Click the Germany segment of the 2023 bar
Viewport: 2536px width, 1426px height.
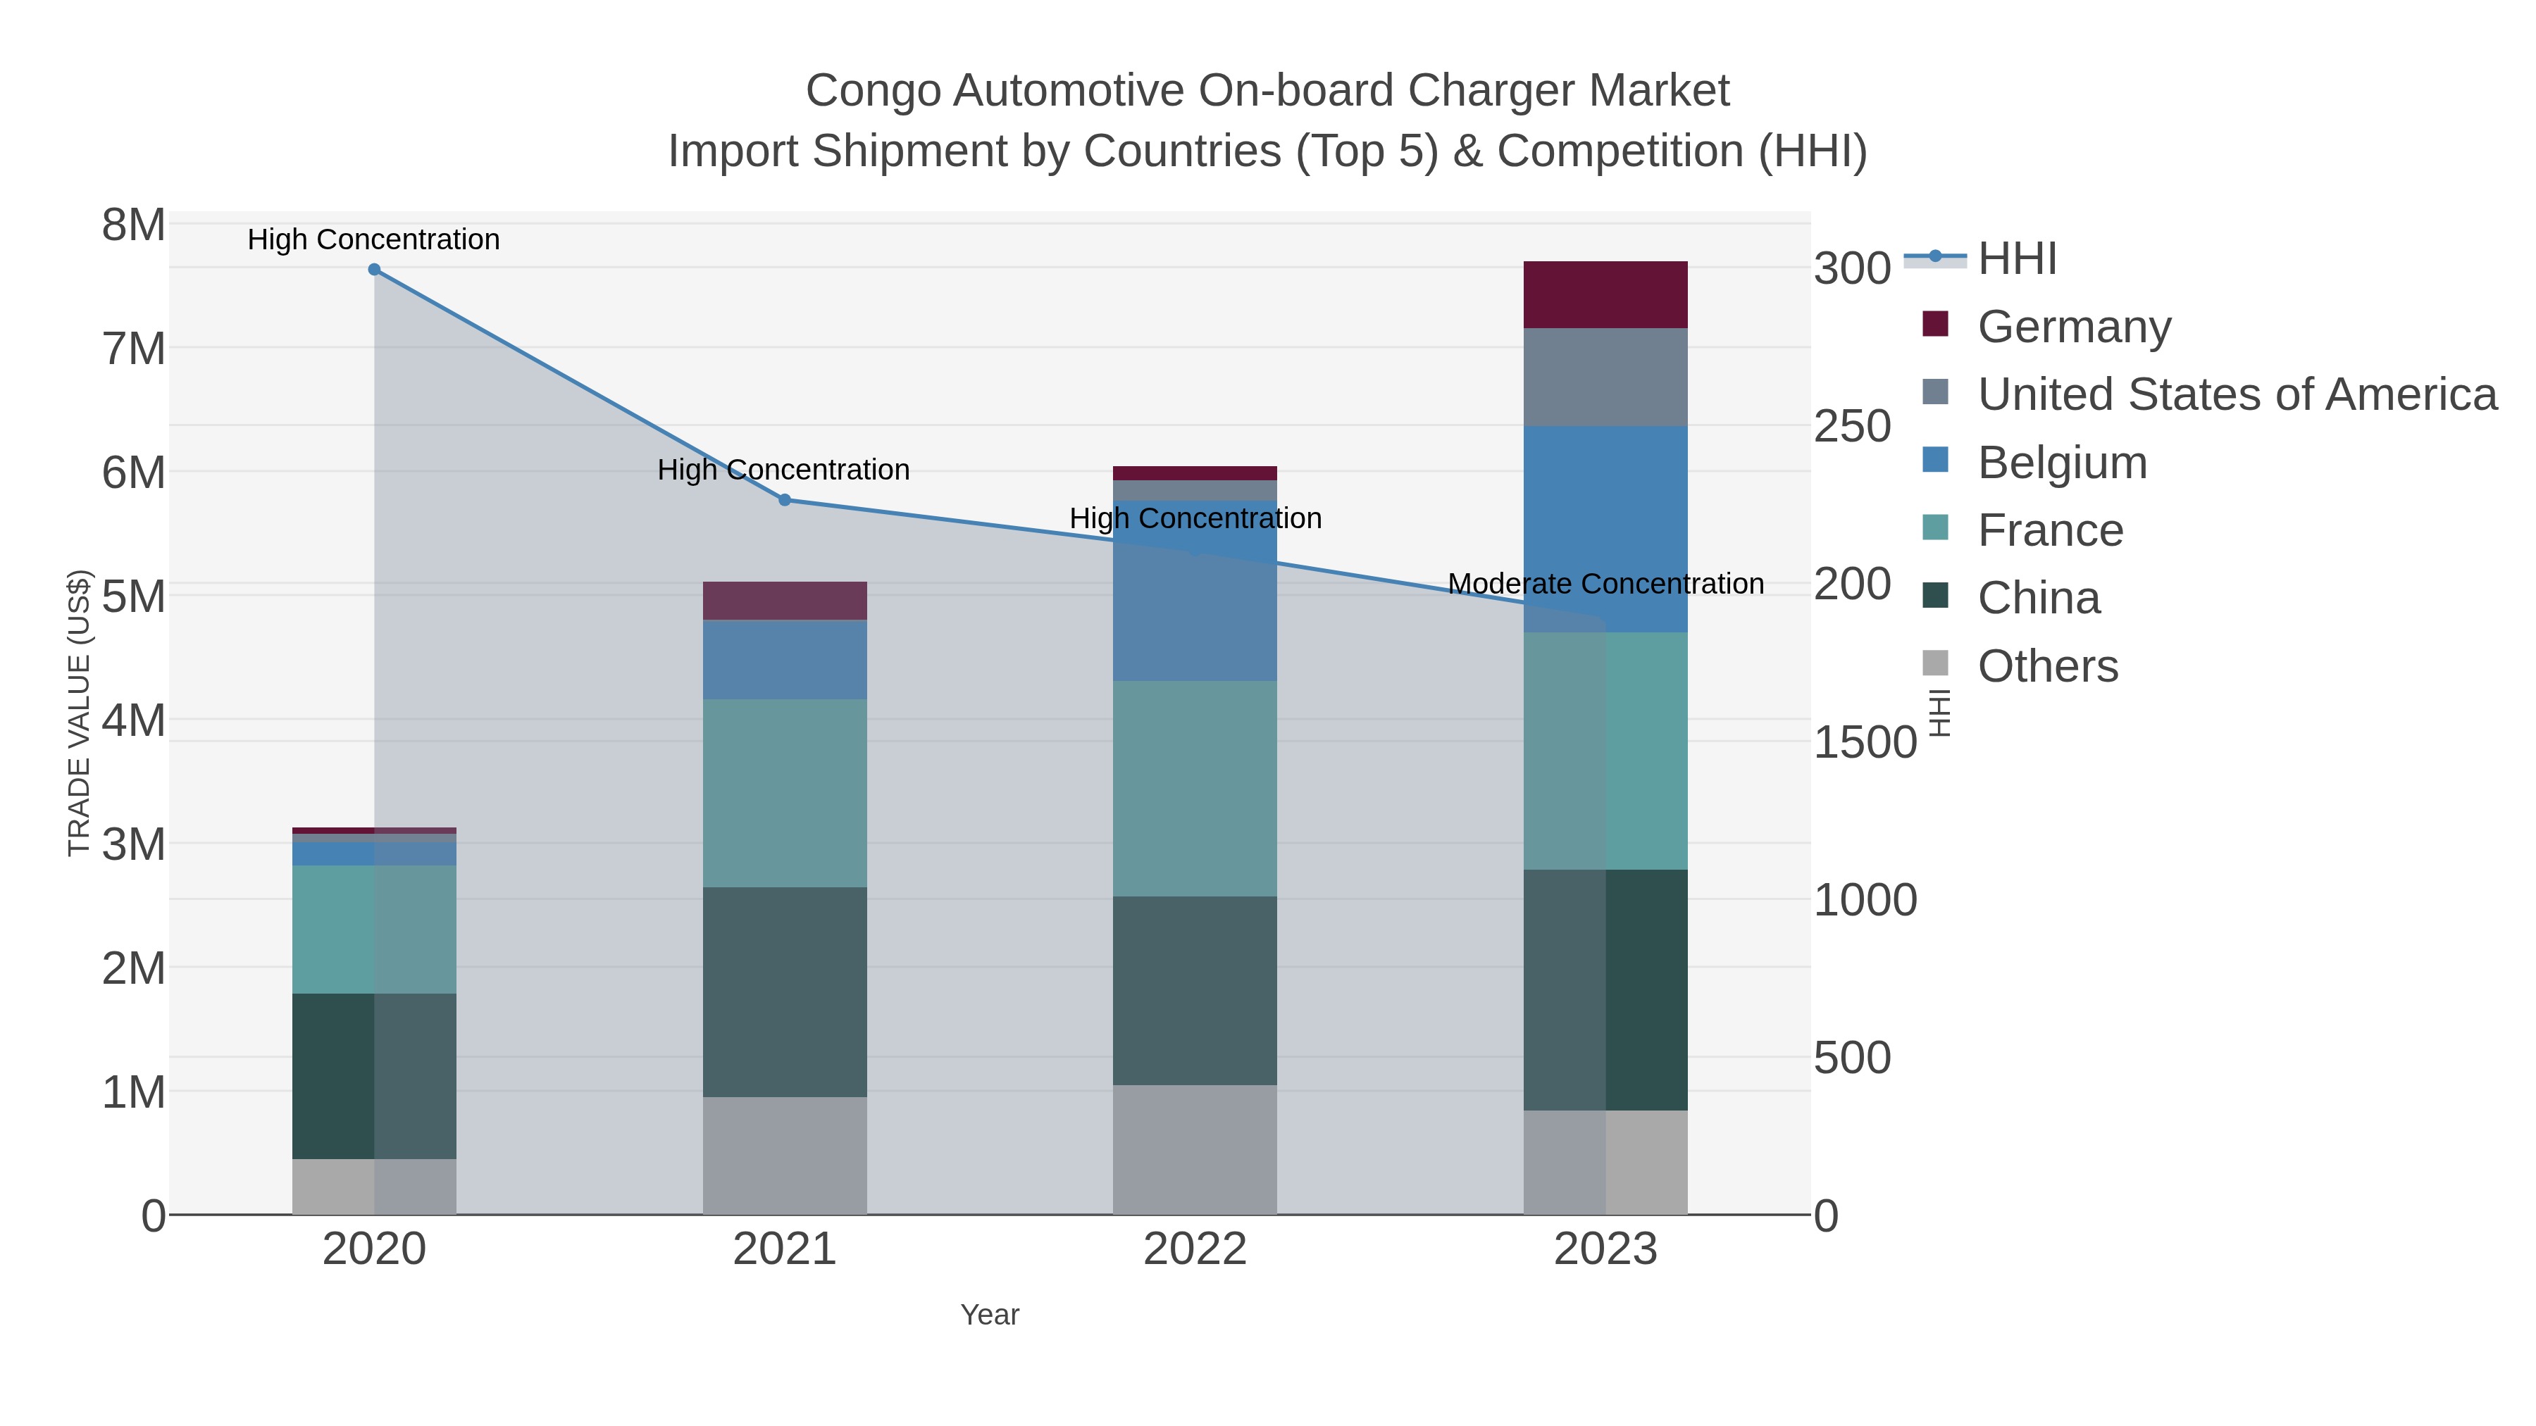(1605, 294)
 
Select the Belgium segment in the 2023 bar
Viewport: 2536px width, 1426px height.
(1605, 528)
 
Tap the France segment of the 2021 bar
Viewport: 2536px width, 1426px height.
(785, 793)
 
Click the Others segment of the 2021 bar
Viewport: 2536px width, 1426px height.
(785, 1156)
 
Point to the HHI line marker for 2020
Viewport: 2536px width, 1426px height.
(374, 270)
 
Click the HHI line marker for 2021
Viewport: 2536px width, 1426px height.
(785, 500)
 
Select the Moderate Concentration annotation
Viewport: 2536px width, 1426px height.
(1605, 584)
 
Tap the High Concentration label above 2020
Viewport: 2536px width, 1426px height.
(373, 239)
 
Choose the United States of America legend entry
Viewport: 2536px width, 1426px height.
(2236, 394)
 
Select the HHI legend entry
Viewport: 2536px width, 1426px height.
(2016, 259)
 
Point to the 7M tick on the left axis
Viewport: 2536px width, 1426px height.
(133, 349)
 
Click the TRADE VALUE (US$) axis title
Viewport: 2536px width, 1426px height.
(79, 713)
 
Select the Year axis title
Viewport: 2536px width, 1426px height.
(990, 1315)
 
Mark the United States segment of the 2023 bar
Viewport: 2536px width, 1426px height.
(1605, 377)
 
